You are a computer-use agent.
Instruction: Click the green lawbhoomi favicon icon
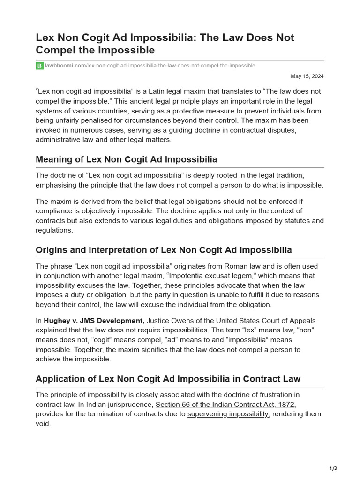click(x=39, y=66)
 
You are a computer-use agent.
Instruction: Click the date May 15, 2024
click(x=307, y=76)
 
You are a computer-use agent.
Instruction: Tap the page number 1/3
click(x=333, y=468)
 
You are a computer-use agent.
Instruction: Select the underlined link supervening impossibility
click(x=228, y=414)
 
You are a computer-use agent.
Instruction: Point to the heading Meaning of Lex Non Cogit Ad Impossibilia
click(x=126, y=159)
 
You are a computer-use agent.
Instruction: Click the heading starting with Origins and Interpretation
click(x=164, y=250)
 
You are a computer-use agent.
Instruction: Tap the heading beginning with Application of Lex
click(x=168, y=379)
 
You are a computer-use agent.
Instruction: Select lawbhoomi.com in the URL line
click(x=65, y=66)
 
